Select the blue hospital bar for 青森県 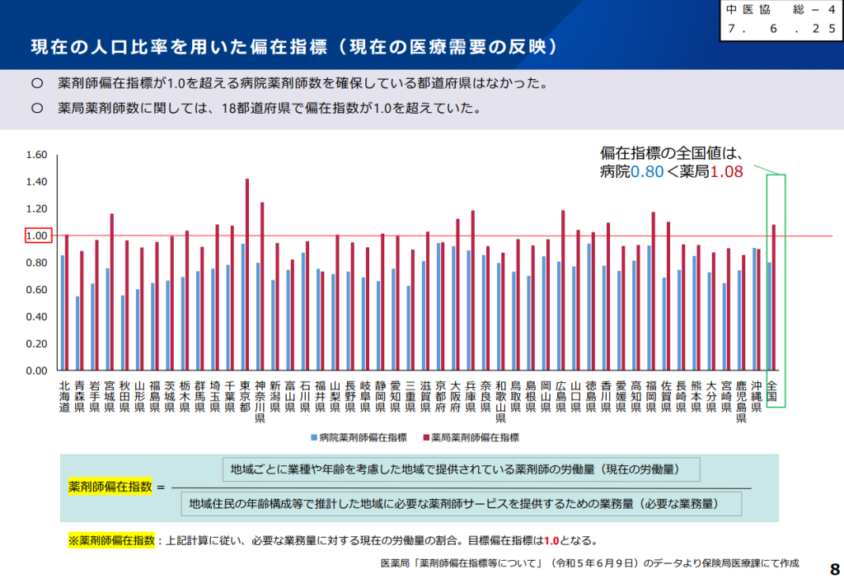tap(77, 333)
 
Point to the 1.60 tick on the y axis tap(37, 155)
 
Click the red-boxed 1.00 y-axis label tap(38, 236)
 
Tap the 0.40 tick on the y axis tap(37, 316)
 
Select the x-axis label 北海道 tap(64, 396)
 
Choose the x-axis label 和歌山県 tap(501, 401)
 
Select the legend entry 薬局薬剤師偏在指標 tap(470, 437)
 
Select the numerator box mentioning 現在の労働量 tap(462, 469)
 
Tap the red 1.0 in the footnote tap(551, 541)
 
